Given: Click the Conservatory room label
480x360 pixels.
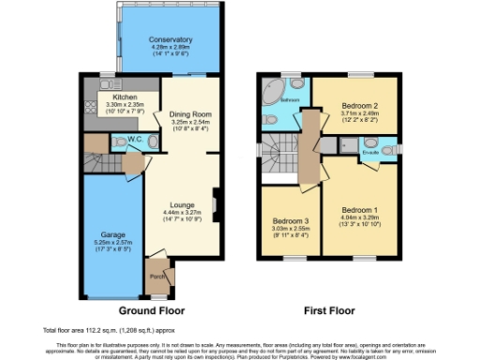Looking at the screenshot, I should (170, 40).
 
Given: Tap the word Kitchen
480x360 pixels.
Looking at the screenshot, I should (126, 97).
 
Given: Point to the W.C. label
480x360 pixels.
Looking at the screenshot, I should (134, 142).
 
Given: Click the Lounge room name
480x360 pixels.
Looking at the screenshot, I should (182, 203).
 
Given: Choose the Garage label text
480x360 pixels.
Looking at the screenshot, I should (113, 234).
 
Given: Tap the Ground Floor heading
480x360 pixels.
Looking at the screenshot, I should (151, 309).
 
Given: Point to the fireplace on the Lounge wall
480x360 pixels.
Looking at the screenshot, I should (215, 202).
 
